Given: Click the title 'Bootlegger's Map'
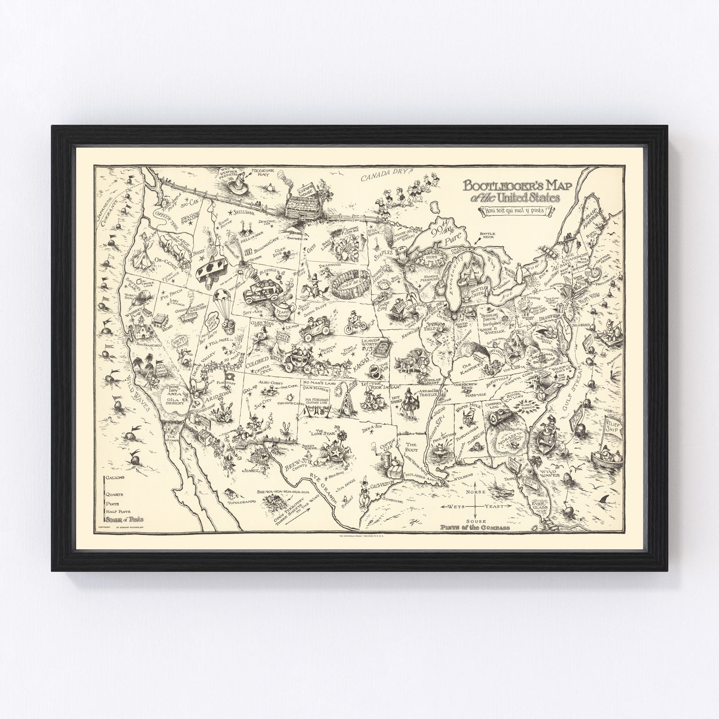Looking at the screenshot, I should pos(515,186).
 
